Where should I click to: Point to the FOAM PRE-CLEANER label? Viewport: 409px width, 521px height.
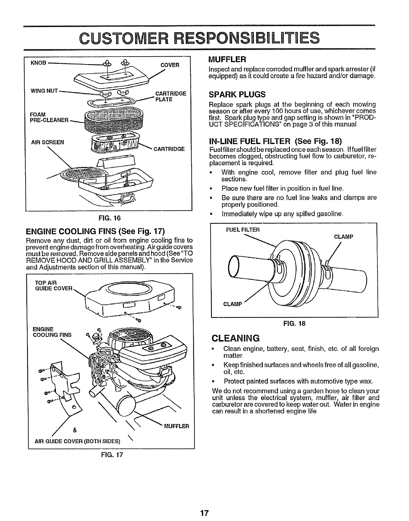point(49,117)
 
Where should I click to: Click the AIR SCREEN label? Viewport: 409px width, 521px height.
point(47,142)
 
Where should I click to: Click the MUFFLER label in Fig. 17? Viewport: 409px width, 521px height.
point(177,426)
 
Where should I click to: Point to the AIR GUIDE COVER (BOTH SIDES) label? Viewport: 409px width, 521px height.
point(78,441)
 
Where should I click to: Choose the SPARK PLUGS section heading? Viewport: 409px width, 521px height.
point(237,95)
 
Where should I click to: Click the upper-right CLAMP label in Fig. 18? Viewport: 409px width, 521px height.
point(344,236)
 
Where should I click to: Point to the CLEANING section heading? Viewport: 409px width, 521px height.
point(236,338)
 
